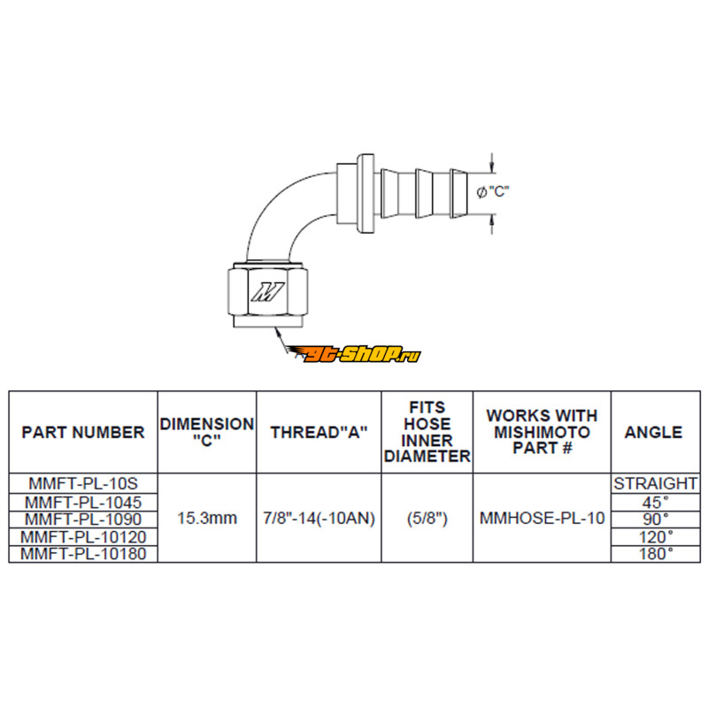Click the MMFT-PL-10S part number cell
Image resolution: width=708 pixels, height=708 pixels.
tap(83, 483)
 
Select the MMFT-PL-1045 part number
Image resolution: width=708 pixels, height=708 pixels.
tap(83, 502)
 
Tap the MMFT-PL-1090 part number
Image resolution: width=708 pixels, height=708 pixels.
tap(83, 519)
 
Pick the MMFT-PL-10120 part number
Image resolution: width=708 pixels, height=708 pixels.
tap(83, 537)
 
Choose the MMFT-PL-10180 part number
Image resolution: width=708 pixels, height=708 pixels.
tap(83, 554)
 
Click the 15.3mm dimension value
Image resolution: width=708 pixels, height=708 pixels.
tap(207, 519)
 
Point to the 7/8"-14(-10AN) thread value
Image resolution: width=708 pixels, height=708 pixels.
tap(319, 519)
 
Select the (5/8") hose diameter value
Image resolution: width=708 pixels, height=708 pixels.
tap(427, 519)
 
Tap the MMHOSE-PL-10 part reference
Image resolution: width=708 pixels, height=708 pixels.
tap(542, 519)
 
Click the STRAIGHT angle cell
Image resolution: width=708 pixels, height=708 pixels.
tap(656, 483)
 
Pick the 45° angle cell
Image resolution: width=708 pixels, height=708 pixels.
tap(656, 502)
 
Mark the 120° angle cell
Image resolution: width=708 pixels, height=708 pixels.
tap(656, 537)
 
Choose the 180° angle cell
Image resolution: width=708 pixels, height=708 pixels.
tap(656, 554)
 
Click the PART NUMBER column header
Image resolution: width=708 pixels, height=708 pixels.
tap(83, 433)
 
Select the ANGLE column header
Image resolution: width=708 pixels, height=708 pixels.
tap(653, 433)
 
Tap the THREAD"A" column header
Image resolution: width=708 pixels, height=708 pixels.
tap(319, 433)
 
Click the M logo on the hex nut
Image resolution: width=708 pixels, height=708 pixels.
tap(268, 292)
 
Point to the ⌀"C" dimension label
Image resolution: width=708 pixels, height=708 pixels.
tap(493, 192)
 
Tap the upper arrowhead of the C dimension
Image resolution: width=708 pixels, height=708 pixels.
tap(492, 168)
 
